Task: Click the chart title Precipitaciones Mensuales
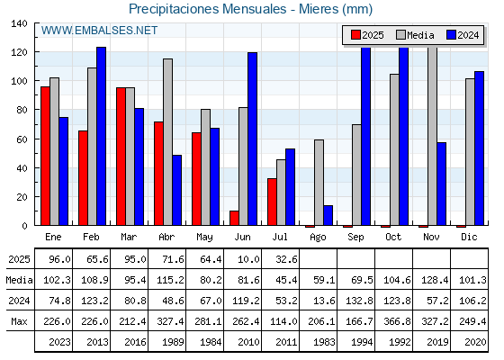pos(207,9)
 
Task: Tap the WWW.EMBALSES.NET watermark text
pos(99,31)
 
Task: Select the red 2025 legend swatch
pos(355,35)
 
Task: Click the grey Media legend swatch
pos(400,35)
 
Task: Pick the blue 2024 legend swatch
pos(451,35)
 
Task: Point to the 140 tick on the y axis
pos(19,23)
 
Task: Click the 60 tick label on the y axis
pos(22,139)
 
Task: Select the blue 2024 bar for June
pos(252,139)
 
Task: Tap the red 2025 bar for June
pos(234,218)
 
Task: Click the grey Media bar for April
pos(167,142)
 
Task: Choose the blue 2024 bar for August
pos(328,215)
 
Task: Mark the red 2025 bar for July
pos(272,202)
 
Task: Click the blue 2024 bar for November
pos(441,184)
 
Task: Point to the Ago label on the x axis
pos(318,238)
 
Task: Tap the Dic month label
pos(469,237)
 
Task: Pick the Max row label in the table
pos(19,321)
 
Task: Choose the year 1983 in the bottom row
pos(324,342)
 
